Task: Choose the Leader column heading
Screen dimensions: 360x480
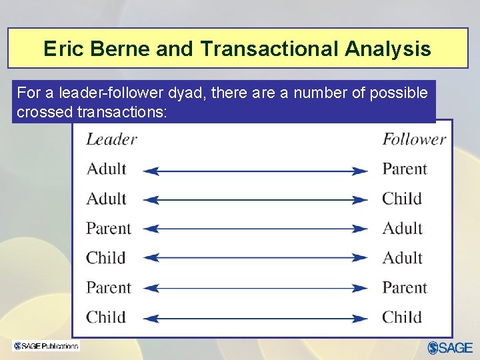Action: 111,139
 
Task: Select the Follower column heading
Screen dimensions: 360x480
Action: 413,139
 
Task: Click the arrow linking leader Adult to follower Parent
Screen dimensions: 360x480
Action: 255,171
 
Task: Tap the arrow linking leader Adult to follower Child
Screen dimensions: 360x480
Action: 255,200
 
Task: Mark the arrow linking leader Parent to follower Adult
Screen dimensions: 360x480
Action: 255,229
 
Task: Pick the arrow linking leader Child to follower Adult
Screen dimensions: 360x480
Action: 255,259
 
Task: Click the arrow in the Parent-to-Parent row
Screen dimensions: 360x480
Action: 255,289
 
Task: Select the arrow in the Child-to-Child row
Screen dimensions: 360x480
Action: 255,318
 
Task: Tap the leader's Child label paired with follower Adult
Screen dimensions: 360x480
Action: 105,258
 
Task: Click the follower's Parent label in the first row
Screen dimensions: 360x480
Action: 404,169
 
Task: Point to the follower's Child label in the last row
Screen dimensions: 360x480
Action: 401,317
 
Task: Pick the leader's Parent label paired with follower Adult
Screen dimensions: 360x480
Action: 109,229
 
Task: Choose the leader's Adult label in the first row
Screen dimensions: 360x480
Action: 106,169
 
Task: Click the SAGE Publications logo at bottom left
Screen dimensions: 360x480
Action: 45,345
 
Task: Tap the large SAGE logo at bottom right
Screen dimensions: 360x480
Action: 450,347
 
